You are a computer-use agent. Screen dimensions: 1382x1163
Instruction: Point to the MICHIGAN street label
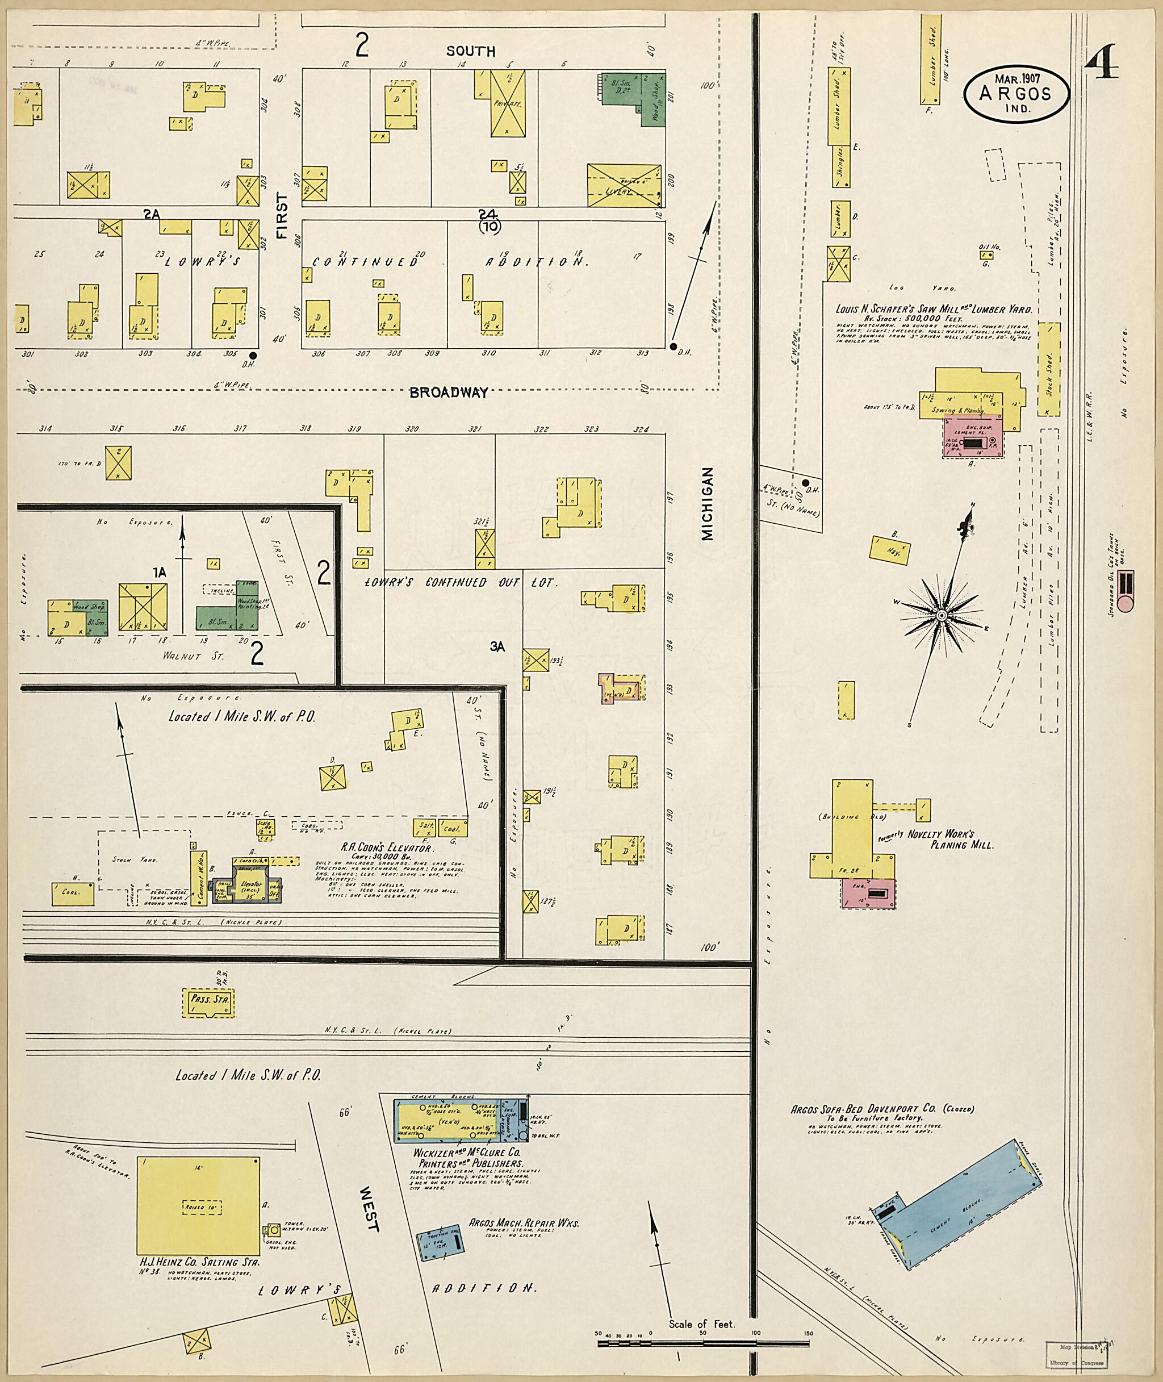[x=708, y=495]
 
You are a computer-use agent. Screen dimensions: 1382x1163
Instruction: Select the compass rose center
[x=942, y=615]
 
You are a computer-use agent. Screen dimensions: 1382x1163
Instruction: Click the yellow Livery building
[x=624, y=185]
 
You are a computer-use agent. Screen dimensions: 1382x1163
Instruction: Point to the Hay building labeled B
[x=890, y=549]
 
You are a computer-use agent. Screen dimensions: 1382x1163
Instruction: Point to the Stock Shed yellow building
[x=1048, y=369]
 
